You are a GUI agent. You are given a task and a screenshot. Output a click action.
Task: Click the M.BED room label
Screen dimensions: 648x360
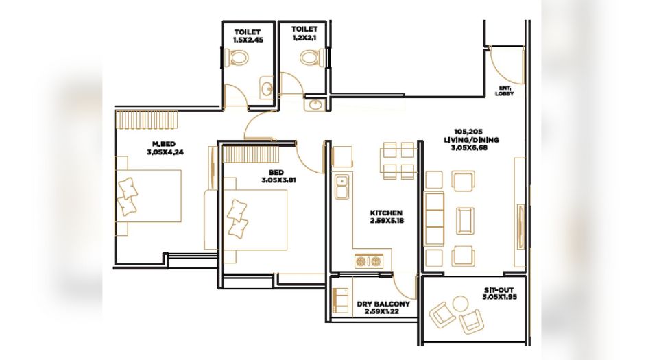164,144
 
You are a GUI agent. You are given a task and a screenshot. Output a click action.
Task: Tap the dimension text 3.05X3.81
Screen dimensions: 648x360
278,180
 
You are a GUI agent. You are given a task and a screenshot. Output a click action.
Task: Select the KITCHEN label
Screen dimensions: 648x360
387,213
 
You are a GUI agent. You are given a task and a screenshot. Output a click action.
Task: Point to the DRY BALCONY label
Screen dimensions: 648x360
383,304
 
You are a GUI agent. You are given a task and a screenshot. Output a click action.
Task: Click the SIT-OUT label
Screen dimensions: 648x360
500,290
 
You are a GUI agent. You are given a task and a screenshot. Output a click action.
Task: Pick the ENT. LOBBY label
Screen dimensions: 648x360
505,91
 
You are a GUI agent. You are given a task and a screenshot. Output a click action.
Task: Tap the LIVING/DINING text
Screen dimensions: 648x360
471,140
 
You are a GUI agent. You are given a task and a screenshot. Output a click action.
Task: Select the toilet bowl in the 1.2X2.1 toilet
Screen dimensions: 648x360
313,57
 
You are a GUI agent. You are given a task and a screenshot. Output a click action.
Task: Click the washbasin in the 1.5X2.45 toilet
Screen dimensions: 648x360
267,88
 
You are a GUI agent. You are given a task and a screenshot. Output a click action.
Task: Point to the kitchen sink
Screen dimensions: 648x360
341,187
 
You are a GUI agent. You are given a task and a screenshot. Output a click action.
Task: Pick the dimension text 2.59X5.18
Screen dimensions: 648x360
387,221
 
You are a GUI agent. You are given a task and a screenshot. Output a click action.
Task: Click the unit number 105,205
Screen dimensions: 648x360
468,132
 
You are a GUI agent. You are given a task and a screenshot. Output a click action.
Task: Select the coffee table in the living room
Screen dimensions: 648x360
465,220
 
